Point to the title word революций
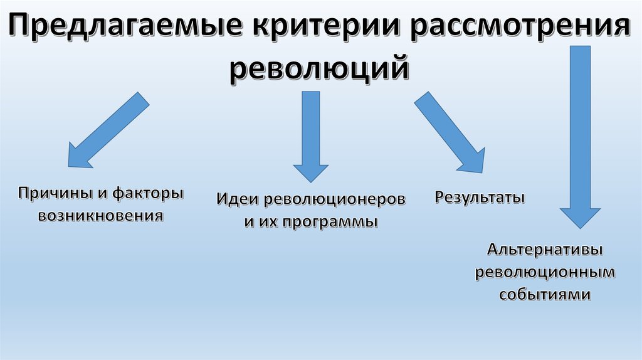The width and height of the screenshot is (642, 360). click(x=321, y=68)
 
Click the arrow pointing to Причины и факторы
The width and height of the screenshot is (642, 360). click(x=107, y=131)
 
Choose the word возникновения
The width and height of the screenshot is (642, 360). click(x=100, y=216)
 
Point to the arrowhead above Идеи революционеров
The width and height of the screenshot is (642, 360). click(x=311, y=172)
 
